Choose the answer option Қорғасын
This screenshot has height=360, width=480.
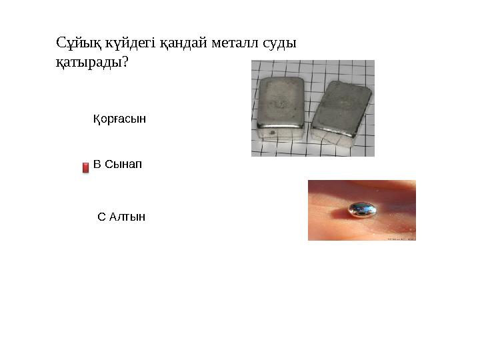(x=119, y=119)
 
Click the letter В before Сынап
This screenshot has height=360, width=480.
(x=97, y=164)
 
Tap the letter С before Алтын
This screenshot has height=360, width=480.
(x=101, y=217)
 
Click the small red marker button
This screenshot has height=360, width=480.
(x=85, y=167)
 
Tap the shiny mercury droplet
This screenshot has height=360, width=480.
(x=362, y=210)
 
